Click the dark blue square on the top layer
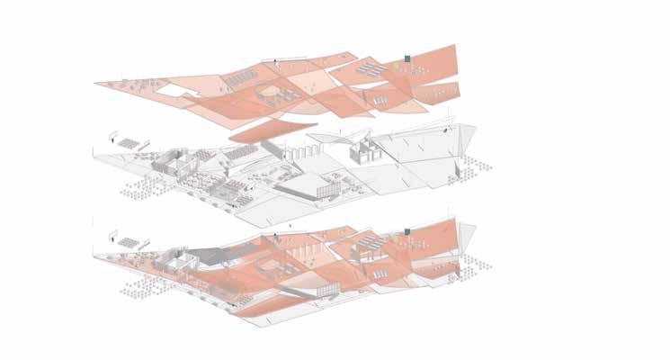tap(407, 59)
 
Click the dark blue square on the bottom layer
tap(407, 233)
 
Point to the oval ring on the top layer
tap(269, 94)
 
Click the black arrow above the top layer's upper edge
tap(277, 63)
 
